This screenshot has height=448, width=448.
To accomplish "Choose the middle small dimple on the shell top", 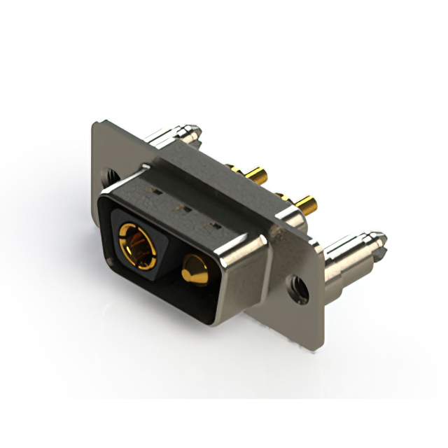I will point(185,207).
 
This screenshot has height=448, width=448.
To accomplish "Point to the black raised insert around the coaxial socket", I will point(150,231).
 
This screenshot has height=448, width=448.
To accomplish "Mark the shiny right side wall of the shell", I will point(241,280).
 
